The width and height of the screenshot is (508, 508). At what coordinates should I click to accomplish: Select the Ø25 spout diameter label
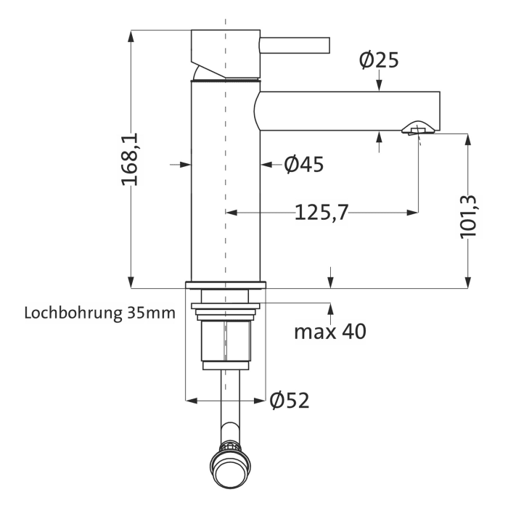379,60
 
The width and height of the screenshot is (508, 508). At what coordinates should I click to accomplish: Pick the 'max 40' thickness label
329,332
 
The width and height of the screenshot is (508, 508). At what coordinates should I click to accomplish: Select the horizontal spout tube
348,111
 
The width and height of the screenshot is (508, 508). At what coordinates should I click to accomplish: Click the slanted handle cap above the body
225,54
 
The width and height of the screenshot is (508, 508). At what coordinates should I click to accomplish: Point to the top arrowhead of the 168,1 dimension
131,35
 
